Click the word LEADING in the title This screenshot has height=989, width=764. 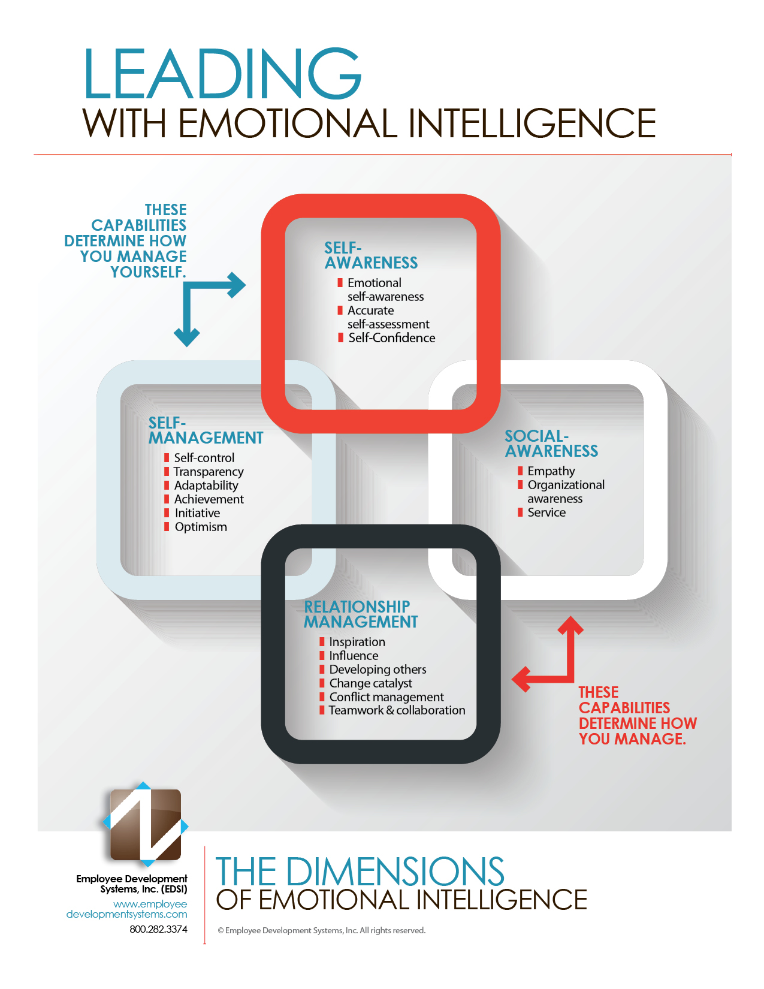tap(222, 74)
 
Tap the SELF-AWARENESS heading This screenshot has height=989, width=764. tap(371, 256)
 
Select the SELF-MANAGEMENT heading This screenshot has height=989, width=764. tap(206, 431)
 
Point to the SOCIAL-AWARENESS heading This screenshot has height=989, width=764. tap(551, 444)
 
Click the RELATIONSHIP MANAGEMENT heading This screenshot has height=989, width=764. tap(360, 615)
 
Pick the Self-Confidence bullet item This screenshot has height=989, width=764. tap(391, 338)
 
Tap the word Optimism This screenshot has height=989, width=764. tap(201, 527)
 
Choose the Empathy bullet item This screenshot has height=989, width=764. tap(551, 471)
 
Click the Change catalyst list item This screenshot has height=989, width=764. tap(370, 683)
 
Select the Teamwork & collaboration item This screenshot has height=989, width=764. tap(397, 710)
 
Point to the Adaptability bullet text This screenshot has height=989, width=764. tap(206, 486)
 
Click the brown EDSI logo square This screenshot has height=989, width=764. tap(146, 824)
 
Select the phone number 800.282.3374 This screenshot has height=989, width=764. tap(158, 929)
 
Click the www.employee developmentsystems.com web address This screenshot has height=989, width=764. tap(127, 909)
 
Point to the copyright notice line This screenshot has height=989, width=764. tap(321, 931)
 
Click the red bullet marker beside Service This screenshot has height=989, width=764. tap(520, 512)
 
